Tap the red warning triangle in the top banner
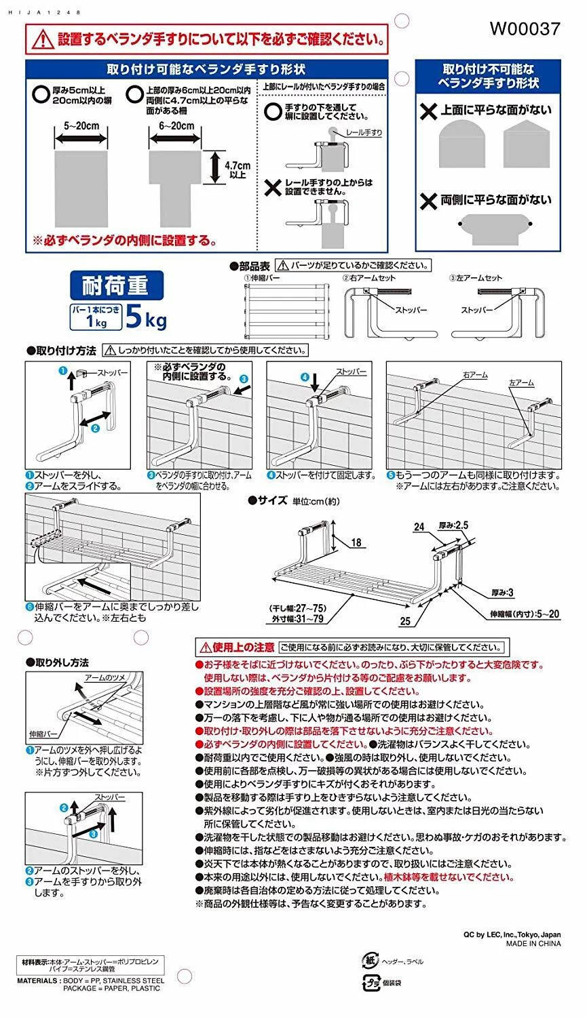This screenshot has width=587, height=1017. coord(42,39)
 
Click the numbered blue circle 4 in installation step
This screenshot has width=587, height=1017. coord(305,377)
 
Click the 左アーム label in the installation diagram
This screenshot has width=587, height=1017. coord(521,383)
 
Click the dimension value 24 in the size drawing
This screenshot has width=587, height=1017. coord(419,527)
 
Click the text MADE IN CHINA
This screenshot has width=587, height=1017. coord(533,943)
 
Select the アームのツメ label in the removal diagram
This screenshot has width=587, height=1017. coord(105,677)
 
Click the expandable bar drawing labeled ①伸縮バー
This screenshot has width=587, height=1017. coord(286,311)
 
